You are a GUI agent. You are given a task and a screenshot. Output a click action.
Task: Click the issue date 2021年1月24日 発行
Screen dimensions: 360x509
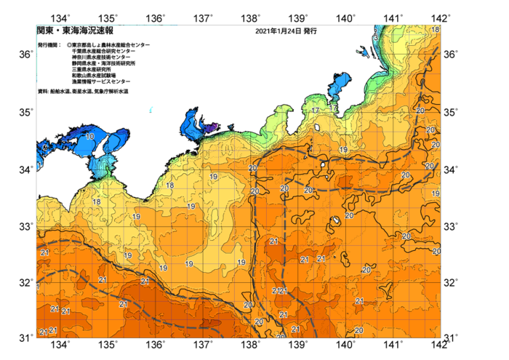tap(286, 32)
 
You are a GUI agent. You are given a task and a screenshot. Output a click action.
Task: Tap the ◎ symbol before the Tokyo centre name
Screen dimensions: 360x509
tap(68, 45)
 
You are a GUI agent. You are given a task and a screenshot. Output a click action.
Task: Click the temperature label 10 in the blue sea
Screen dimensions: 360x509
tap(89, 136)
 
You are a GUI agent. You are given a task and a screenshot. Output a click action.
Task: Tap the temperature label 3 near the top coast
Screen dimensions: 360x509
tap(374, 36)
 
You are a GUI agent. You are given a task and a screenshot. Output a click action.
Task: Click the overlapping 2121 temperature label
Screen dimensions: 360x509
tap(280, 291)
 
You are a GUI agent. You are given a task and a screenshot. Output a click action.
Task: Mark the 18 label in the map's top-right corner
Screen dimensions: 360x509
tap(435, 30)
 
